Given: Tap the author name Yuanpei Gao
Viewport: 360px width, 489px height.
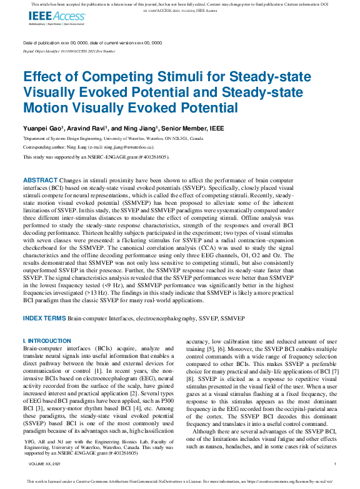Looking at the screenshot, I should point(41,127).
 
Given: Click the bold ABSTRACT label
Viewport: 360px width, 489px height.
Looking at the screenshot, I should point(40,179).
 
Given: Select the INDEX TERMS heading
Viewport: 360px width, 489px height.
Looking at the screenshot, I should point(44,319).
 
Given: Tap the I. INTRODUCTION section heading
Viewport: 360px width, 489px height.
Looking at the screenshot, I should point(47,341).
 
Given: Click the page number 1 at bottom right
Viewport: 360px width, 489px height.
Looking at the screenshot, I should point(336,464).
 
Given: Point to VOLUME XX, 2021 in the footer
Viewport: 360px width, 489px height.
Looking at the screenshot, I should point(41,464).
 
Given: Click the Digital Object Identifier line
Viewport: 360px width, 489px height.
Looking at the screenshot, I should point(69,51).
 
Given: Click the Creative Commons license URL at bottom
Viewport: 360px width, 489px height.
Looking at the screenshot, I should point(293,482).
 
